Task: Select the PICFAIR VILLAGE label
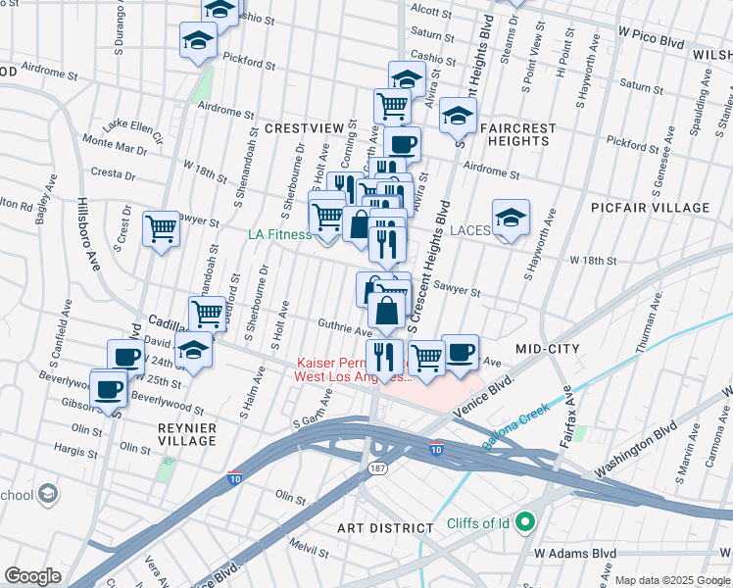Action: (x=650, y=208)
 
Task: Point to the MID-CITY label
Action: (x=548, y=349)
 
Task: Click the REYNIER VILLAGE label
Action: (x=186, y=434)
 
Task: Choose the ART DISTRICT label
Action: (x=385, y=527)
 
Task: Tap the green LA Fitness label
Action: (x=279, y=234)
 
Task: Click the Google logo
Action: (x=32, y=576)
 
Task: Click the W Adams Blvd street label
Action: (x=576, y=554)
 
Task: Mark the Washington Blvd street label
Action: (x=636, y=450)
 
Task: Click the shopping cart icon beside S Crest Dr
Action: (x=162, y=229)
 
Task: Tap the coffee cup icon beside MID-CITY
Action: (x=460, y=352)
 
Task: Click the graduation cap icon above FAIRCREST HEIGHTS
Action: (x=458, y=117)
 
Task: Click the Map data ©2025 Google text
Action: (x=672, y=580)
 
